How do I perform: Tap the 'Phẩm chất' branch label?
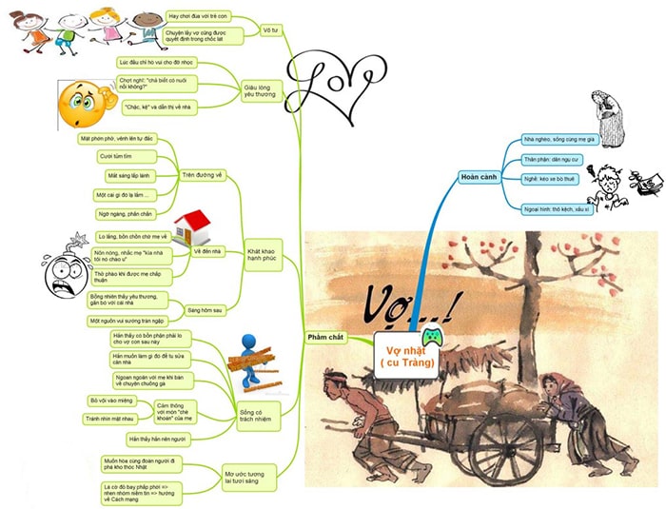326,338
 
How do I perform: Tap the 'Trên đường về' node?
208,176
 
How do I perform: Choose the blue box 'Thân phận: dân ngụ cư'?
554,159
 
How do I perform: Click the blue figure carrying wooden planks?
252,361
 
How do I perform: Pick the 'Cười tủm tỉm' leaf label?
119,156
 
